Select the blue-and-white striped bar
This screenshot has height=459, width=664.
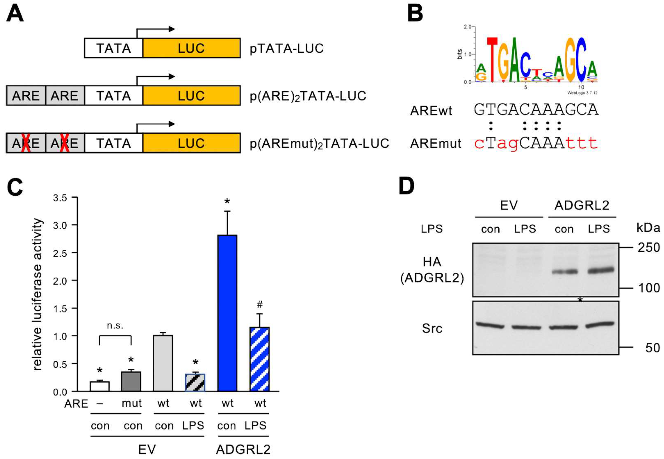tap(260, 359)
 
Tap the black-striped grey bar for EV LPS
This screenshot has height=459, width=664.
tap(195, 382)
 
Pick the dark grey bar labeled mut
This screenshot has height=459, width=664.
tap(131, 382)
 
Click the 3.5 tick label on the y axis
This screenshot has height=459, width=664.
tap(60, 198)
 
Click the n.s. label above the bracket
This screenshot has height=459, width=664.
tap(115, 326)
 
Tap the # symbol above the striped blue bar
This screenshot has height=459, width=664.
tap(260, 304)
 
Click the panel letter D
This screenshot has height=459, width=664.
tap(407, 186)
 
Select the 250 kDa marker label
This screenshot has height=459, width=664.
tap(648, 248)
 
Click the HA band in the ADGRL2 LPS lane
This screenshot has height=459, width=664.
tap(600, 271)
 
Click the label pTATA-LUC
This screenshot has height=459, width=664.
tap(287, 48)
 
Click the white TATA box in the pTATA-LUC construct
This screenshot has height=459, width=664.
tap(113, 48)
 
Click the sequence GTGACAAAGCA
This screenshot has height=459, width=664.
tap(536, 110)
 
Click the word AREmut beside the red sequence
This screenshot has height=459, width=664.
tap(435, 143)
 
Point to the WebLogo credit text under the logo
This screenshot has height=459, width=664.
tap(582, 93)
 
